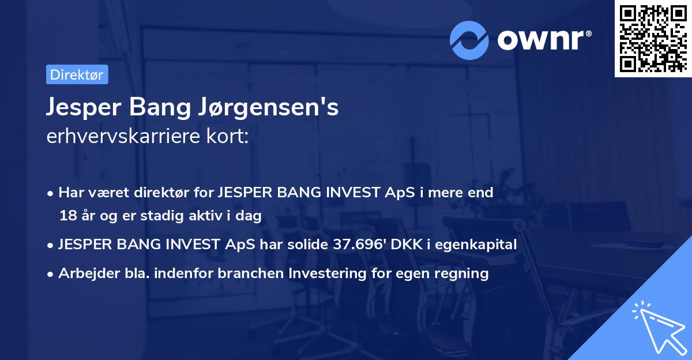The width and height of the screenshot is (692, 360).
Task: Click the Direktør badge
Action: click(77, 74)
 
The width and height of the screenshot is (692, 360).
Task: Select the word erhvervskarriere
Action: click(123, 137)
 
